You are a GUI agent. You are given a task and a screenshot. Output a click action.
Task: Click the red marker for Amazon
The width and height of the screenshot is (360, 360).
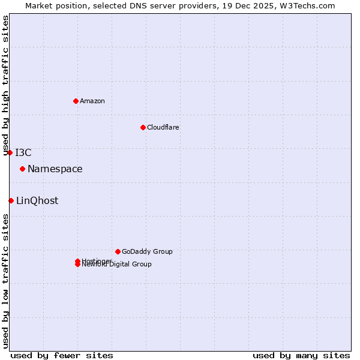tap(76, 101)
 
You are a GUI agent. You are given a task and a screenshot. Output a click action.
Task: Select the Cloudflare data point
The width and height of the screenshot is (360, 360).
tap(143, 127)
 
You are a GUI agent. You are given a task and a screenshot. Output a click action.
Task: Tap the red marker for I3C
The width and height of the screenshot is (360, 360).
tap(10, 152)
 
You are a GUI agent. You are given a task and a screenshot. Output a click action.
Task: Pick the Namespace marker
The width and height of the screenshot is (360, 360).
tap(22, 169)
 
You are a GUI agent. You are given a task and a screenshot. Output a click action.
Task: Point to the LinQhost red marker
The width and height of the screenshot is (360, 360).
tap(11, 200)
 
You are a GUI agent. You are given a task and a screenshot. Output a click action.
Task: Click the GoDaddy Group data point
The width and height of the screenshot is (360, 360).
tap(118, 251)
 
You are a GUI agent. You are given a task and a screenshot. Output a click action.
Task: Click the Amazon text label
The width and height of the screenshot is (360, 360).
tap(92, 101)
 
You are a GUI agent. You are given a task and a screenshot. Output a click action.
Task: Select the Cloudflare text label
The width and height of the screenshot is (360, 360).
tap(163, 127)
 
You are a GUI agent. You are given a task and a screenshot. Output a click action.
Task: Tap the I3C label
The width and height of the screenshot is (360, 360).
tap(23, 152)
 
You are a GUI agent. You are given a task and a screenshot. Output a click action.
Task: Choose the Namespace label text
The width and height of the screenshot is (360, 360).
tap(55, 169)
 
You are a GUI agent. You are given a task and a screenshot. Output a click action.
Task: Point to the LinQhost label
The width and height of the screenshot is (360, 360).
tap(37, 201)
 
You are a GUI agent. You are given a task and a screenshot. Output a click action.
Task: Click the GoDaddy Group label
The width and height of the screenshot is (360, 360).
tap(147, 251)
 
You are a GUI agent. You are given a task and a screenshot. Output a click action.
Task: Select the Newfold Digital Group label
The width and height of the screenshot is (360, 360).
tap(117, 265)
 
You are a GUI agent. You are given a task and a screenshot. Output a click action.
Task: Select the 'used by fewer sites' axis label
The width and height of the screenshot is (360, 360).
tap(62, 355)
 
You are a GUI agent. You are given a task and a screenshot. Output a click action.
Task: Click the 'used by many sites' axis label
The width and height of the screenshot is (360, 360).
tap(301, 355)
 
